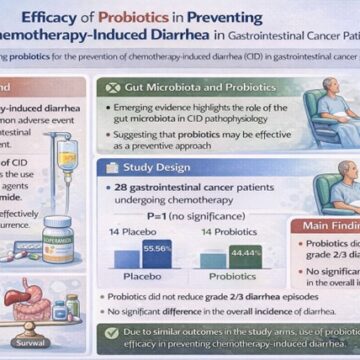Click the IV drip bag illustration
pos(68,160)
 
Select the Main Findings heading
pos(330,225)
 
